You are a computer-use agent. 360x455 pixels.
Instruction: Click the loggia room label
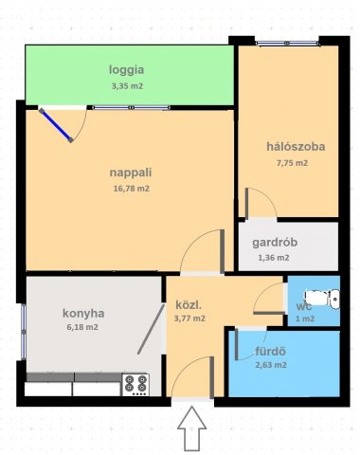click(x=127, y=70)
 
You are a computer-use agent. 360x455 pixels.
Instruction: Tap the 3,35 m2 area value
click(x=127, y=86)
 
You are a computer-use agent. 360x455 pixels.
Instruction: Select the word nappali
click(x=131, y=173)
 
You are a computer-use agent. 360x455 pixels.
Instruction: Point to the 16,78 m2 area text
click(x=132, y=189)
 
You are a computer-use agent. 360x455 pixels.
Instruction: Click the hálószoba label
click(x=296, y=147)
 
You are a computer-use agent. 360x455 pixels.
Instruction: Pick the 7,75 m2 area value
click(x=292, y=163)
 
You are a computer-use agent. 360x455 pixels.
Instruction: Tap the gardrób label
click(x=275, y=243)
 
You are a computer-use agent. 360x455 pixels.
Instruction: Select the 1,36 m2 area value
click(x=274, y=258)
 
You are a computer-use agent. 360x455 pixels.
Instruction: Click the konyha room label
click(x=83, y=314)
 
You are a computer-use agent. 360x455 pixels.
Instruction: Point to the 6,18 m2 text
click(x=82, y=327)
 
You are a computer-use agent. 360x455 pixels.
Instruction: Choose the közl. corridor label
click(x=189, y=305)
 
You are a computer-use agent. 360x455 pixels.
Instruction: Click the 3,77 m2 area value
click(x=189, y=318)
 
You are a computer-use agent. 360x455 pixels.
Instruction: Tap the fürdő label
click(x=270, y=352)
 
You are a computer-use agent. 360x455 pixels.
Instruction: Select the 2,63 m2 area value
click(x=271, y=365)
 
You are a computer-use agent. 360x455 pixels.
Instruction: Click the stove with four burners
click(x=135, y=385)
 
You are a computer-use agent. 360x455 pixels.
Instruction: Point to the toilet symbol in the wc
click(x=322, y=298)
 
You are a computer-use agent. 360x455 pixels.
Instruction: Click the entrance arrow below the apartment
click(x=191, y=428)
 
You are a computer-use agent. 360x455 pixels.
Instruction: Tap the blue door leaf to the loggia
click(x=56, y=125)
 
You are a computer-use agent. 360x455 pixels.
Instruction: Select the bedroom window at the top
click(x=287, y=44)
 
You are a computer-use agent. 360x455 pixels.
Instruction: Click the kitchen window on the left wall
click(x=23, y=332)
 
